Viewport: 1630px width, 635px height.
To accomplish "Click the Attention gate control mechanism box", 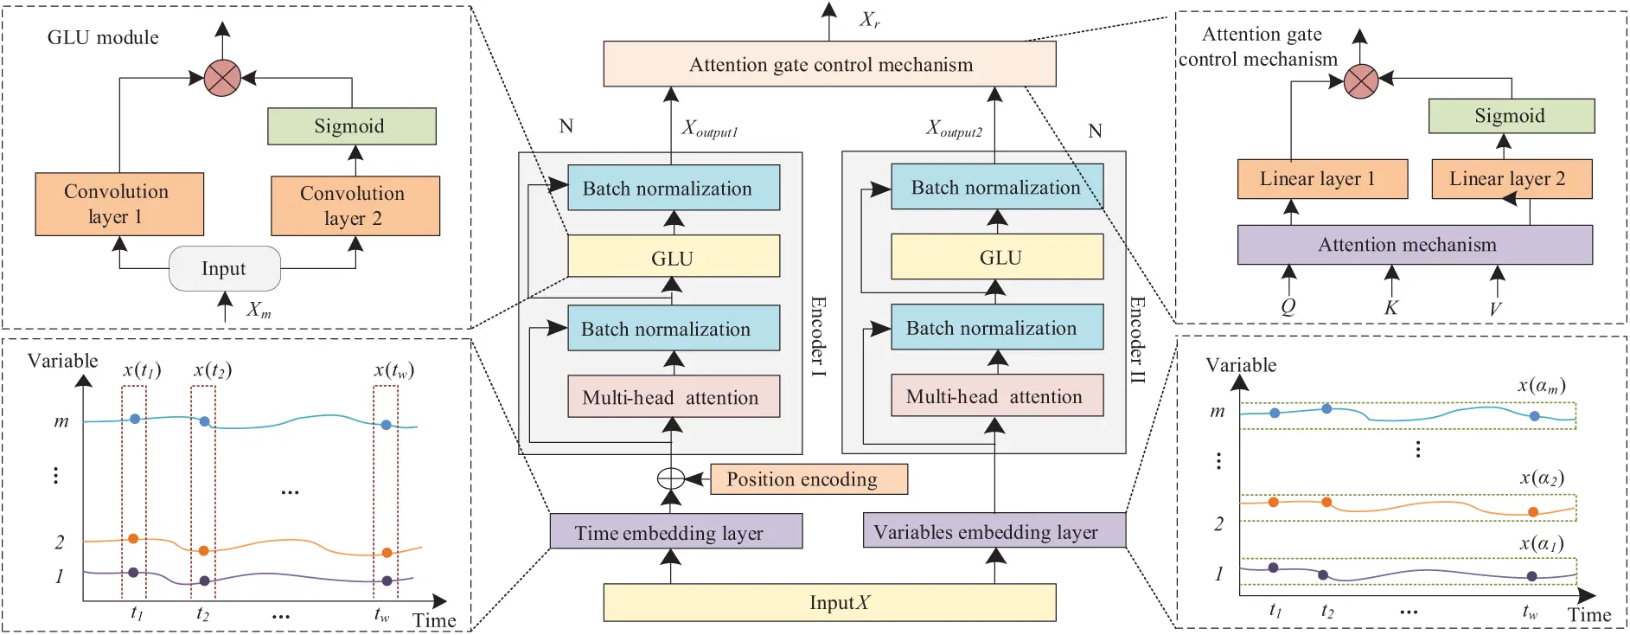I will click(x=829, y=64).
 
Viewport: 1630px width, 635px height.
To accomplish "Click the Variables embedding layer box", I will click(x=994, y=531).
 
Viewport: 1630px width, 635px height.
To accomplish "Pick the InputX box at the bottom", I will click(x=829, y=603).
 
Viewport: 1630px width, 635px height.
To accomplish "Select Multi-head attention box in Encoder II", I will click(x=996, y=396).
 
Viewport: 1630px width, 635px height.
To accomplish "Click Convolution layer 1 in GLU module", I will click(x=119, y=204).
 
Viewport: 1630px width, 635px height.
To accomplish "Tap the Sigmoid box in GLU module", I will click(x=351, y=126).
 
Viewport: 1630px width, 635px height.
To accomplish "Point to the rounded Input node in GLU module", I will click(x=224, y=269).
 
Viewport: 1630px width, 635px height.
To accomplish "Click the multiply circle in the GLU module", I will click(x=222, y=78).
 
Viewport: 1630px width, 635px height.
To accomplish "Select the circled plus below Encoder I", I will click(x=671, y=478).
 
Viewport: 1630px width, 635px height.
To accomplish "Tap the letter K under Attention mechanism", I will click(x=1390, y=307).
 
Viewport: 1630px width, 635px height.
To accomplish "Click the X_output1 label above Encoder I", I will click(x=709, y=129).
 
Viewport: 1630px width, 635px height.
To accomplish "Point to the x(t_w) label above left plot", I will click(x=393, y=370).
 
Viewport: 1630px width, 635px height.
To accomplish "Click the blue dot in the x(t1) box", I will click(x=134, y=419).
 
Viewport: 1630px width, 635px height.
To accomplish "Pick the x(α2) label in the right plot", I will click(x=1542, y=478).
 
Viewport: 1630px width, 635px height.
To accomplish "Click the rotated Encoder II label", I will click(x=1137, y=340).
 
